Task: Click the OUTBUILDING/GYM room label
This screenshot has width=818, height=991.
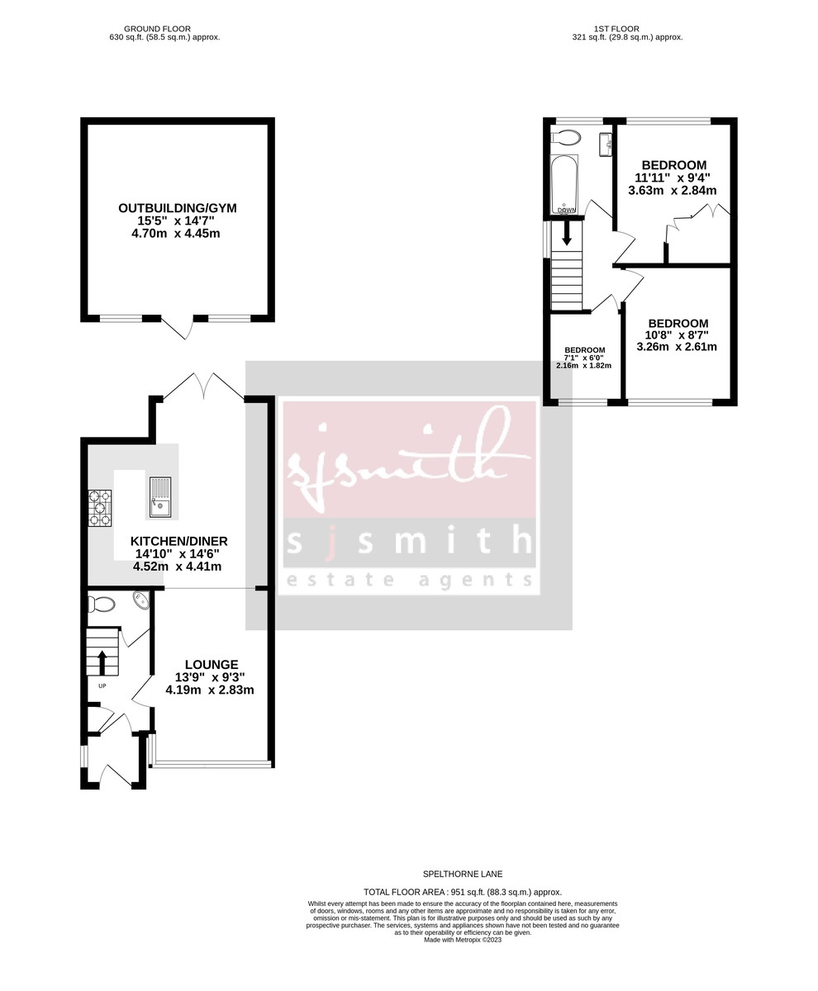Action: (x=177, y=208)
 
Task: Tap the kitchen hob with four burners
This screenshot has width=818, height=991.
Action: (x=100, y=508)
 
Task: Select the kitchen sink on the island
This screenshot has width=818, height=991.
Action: (x=160, y=497)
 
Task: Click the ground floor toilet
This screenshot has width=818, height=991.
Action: (x=102, y=605)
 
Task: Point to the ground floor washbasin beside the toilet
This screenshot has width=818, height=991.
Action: (x=140, y=600)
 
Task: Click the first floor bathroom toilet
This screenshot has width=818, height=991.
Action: (x=568, y=137)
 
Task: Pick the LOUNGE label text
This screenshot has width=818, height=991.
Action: (x=212, y=664)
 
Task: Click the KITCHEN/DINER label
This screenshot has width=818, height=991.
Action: (x=178, y=541)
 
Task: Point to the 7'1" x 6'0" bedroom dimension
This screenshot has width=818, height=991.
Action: (x=584, y=358)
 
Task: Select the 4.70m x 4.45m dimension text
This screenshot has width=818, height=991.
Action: (x=177, y=234)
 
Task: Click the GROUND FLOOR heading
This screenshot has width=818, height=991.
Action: (x=164, y=29)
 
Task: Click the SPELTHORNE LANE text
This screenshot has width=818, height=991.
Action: (x=462, y=874)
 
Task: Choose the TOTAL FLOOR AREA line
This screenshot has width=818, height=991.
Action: (x=462, y=892)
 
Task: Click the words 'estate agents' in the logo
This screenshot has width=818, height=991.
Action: (x=409, y=580)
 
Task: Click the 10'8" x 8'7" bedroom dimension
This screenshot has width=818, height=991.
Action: (x=678, y=335)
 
